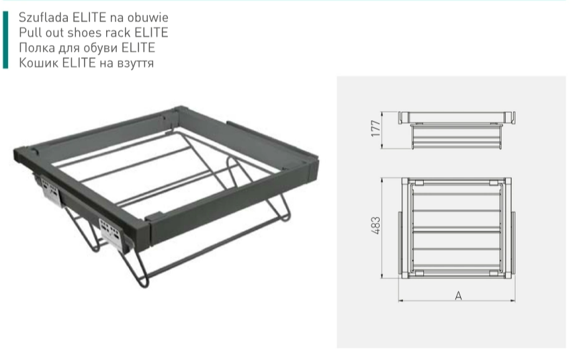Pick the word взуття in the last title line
click(x=136, y=63)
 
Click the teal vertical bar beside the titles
click(x=5, y=40)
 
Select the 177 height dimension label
click(x=376, y=128)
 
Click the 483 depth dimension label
click(x=376, y=225)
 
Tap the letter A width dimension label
click(x=458, y=296)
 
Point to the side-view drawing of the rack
click(x=457, y=130)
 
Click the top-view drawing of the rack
click(x=457, y=228)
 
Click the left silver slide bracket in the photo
click(x=50, y=191)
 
